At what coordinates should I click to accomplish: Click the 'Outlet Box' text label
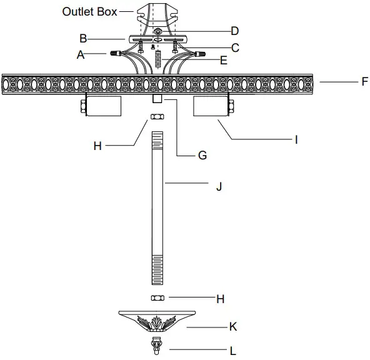tap(89, 11)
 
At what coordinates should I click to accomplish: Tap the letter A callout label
tap(80, 55)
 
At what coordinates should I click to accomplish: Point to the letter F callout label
tap(364, 81)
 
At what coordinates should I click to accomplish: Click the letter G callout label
tap(202, 155)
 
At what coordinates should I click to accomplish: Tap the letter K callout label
tap(233, 326)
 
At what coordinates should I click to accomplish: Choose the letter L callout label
tap(233, 351)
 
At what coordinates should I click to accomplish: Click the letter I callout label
tap(296, 141)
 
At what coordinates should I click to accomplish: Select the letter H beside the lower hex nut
tap(220, 299)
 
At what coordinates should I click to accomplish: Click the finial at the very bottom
tap(157, 344)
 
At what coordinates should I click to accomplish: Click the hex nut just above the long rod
tap(157, 117)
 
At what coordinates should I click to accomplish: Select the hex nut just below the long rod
tap(157, 297)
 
